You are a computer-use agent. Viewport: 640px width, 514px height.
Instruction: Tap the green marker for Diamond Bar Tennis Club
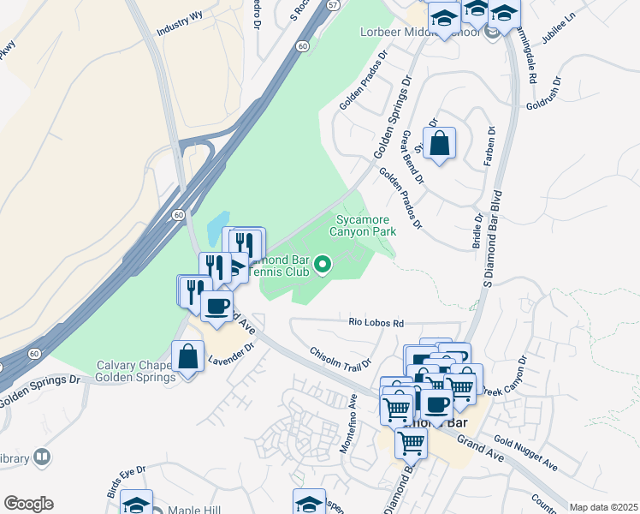click(x=323, y=266)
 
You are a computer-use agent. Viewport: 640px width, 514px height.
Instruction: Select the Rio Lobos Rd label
click(x=376, y=323)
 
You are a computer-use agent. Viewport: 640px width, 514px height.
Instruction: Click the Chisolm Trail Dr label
click(x=341, y=358)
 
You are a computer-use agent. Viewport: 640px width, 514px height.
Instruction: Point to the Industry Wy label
click(x=180, y=27)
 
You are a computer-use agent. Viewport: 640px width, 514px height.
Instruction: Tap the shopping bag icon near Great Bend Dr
click(x=439, y=144)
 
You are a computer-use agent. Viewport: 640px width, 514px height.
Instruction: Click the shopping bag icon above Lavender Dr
click(x=187, y=357)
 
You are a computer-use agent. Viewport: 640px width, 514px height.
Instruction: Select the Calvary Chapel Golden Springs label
click(x=135, y=370)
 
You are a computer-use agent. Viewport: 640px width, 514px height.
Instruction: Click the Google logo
click(x=28, y=504)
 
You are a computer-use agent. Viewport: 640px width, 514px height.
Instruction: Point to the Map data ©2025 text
click(x=602, y=507)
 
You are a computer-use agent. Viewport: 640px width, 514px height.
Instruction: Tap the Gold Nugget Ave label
click(x=525, y=455)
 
